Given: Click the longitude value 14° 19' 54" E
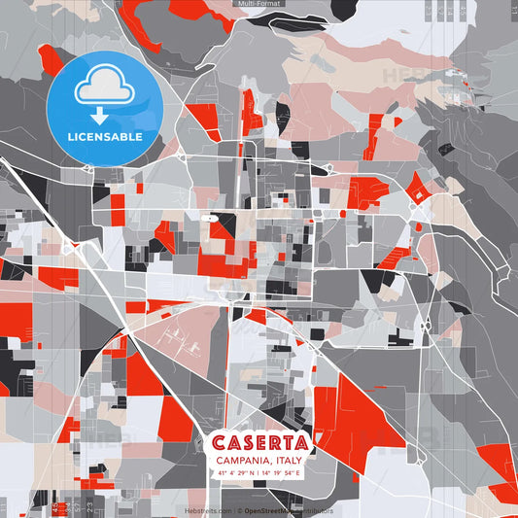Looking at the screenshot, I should (282, 472).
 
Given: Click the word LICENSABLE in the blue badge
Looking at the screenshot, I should (105, 137).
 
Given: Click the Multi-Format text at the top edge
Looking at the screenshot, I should (259, 4).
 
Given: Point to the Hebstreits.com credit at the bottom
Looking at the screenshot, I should (209, 509).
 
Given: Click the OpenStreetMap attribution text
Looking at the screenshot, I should (288, 509).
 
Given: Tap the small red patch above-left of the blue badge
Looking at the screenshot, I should (49, 58).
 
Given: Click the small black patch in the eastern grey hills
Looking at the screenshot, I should (446, 150).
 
